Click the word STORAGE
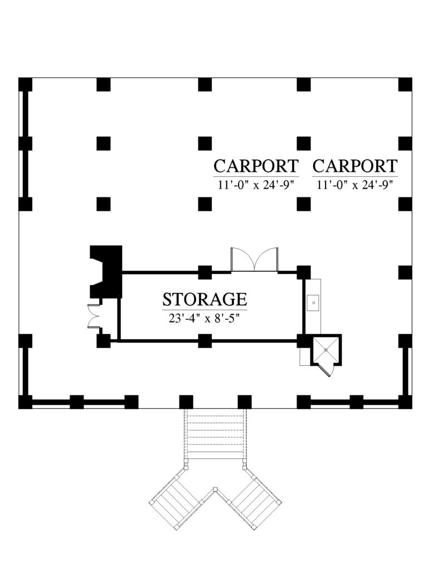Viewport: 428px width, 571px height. [x=205, y=299]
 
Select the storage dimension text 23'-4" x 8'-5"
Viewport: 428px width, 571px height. [x=205, y=318]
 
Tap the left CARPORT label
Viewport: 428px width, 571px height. [x=256, y=166]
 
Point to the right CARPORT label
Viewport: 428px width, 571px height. [x=355, y=166]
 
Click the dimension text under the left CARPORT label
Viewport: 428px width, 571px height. [x=256, y=185]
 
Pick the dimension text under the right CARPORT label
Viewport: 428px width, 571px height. [x=355, y=185]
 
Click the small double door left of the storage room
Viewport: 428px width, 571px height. [x=93, y=318]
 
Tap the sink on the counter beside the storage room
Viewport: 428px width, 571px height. [x=313, y=304]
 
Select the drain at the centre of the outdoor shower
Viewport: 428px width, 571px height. [x=325, y=348]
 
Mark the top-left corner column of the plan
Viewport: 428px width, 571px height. [x=25, y=84]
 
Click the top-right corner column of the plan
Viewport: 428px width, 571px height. [x=406, y=84]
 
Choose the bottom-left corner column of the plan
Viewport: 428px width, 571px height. [x=25, y=401]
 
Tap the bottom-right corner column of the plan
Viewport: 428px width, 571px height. [x=406, y=401]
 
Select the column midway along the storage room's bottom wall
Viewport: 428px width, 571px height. [x=205, y=340]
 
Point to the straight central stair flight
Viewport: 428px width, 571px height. [x=215, y=435]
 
